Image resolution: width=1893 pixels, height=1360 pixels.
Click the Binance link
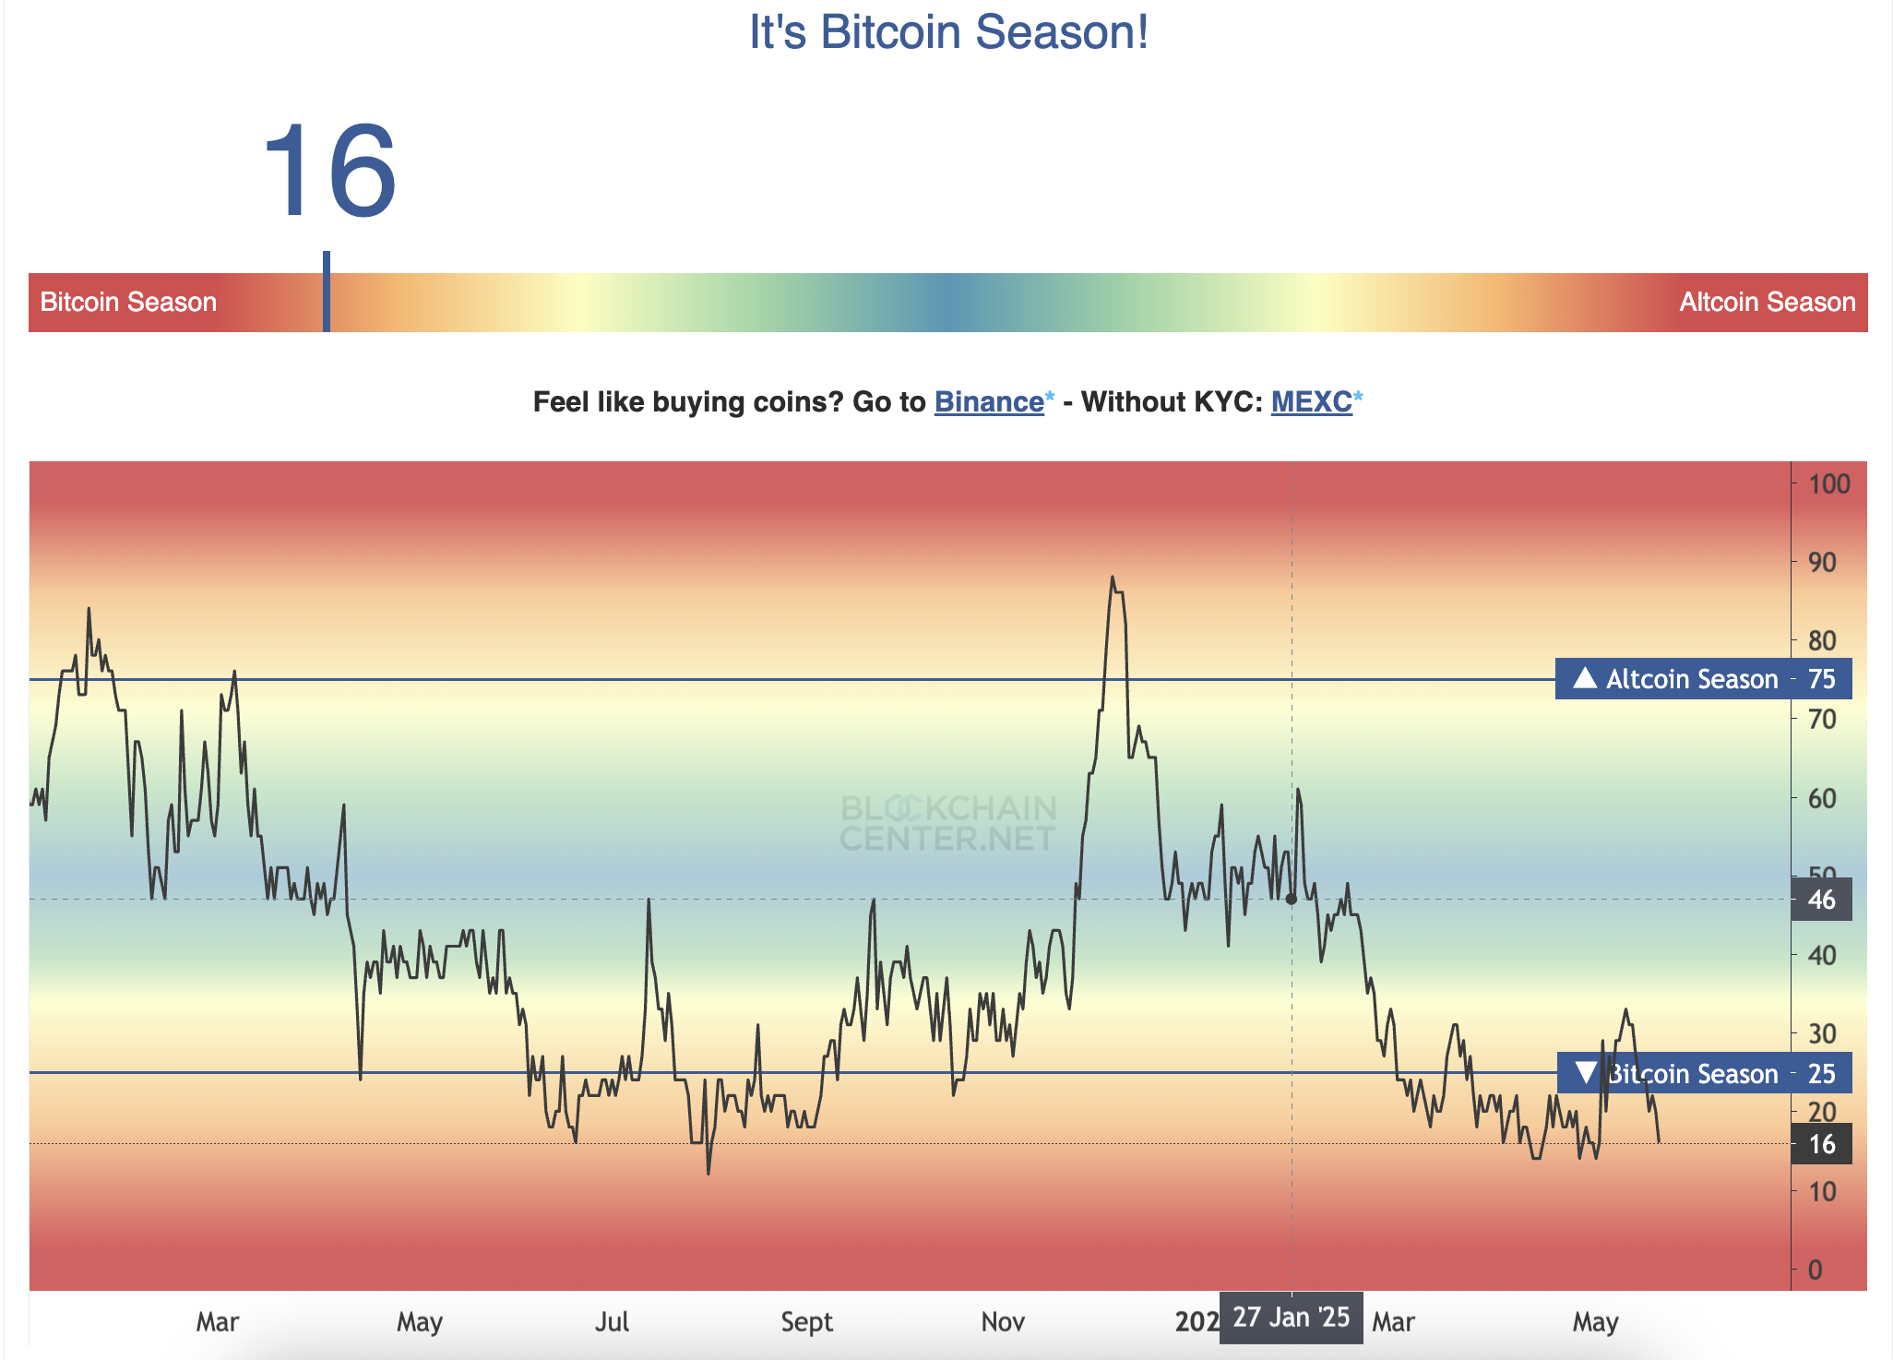[x=988, y=402]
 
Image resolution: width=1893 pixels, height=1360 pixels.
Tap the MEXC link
[x=1311, y=402]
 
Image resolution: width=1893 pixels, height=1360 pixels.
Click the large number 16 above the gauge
[x=329, y=172]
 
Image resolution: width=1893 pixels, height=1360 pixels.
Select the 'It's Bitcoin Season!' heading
[x=948, y=32]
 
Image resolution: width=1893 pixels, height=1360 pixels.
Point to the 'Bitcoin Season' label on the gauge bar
[x=128, y=303]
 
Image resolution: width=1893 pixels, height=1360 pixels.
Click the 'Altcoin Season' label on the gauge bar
[x=1767, y=303]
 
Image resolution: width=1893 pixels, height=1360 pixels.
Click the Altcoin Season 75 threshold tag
[x=1703, y=679]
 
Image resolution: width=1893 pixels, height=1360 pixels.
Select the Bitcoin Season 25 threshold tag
[x=1703, y=1073]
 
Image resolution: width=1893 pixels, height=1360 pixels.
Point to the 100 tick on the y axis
[x=1828, y=483]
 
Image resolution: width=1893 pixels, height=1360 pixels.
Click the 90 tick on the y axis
[x=1822, y=562]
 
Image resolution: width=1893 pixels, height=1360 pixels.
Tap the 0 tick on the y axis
[x=1815, y=1270]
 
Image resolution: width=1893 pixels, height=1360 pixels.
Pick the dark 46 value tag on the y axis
[x=1821, y=900]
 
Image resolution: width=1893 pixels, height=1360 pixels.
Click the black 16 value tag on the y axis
[x=1821, y=1144]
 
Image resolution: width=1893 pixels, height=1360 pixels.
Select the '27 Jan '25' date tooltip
[x=1291, y=1318]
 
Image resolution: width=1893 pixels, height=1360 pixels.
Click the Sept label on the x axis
[x=806, y=1322]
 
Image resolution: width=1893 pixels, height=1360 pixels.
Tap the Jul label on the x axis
[x=612, y=1322]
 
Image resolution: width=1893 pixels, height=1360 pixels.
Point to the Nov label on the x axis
[x=1003, y=1322]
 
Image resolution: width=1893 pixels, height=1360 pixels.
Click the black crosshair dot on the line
[x=1292, y=899]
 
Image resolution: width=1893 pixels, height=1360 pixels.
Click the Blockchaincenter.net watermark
[x=948, y=823]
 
